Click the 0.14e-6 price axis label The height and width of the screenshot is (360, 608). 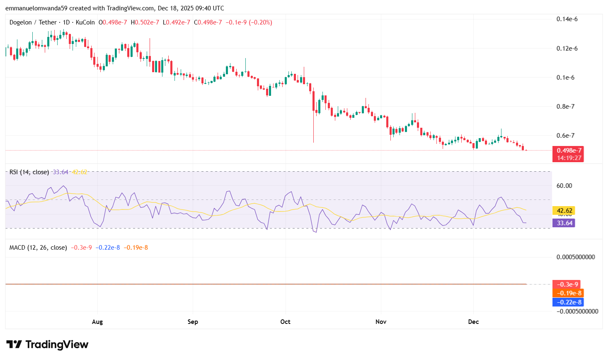567,19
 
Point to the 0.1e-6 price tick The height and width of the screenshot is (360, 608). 565,78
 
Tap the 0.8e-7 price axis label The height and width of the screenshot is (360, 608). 565,107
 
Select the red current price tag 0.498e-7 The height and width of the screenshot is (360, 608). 569,151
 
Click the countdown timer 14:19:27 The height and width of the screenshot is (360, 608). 569,158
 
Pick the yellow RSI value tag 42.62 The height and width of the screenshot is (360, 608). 564,211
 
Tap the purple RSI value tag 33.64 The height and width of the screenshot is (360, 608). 564,223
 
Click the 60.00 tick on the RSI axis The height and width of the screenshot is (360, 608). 564,186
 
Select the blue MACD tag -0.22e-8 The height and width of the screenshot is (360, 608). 568,302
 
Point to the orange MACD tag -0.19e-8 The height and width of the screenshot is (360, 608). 568,293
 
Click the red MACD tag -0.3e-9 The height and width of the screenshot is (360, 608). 567,285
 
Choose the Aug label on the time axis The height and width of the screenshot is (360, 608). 97,322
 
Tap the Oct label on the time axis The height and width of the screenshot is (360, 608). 285,322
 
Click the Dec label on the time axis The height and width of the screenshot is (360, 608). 473,322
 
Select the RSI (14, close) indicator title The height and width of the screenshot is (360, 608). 29,172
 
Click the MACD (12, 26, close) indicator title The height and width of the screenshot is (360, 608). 38,248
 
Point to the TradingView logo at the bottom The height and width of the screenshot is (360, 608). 47,345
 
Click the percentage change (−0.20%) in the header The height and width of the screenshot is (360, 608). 260,22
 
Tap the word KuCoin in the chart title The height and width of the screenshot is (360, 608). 85,22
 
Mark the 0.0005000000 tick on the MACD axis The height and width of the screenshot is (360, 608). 576,257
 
